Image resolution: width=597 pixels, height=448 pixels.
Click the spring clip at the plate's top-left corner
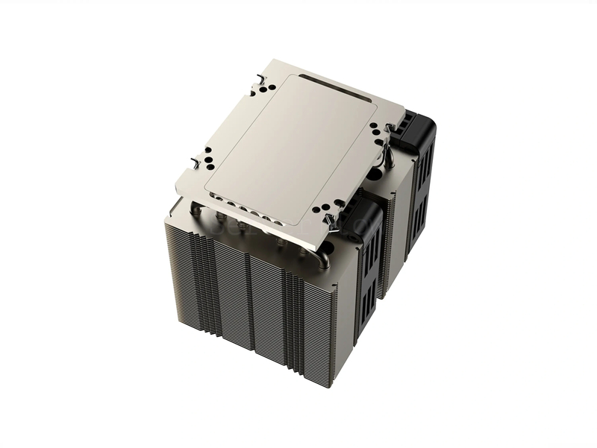[258, 77]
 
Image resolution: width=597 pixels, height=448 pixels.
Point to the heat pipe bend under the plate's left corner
[196, 211]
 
